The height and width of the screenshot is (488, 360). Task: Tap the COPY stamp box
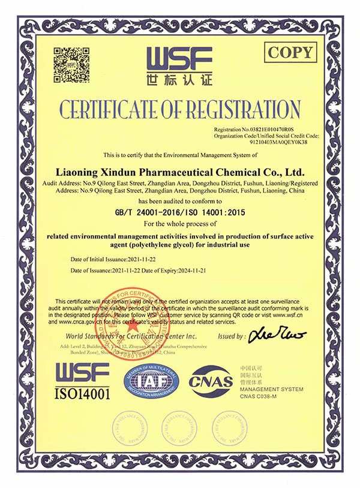click(x=290, y=52)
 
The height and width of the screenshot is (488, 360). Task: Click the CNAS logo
click(x=209, y=381)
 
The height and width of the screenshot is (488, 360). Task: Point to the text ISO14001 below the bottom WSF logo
click(x=83, y=394)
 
